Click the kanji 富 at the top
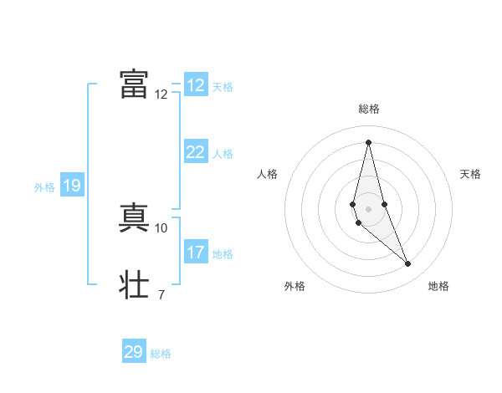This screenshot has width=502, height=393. [134, 84]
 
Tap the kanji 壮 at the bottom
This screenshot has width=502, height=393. [134, 284]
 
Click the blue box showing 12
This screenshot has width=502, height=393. [196, 85]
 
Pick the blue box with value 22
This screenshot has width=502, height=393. [196, 152]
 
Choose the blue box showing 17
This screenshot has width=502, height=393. [196, 253]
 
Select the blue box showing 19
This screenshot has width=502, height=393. [71, 186]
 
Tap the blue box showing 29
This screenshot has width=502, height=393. [134, 352]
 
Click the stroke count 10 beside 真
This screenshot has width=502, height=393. [161, 227]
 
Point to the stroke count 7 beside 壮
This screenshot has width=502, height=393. [161, 294]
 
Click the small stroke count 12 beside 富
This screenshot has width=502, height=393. [161, 94]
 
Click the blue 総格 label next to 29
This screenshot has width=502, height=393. [161, 354]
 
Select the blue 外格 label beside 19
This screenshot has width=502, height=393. [44, 187]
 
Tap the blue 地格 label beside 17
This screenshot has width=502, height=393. [223, 254]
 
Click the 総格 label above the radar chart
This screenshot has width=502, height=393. [369, 110]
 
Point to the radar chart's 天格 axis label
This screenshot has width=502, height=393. [470, 174]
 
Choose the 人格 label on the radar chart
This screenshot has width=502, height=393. [267, 174]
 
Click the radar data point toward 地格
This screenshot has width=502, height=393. [408, 264]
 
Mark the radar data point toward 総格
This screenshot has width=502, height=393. [369, 141]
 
